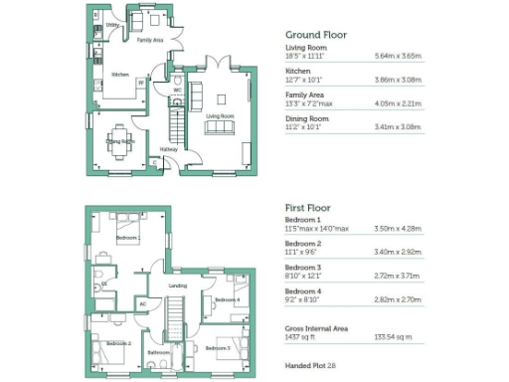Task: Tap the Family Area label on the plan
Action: (x=150, y=40)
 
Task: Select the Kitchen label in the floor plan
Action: (x=120, y=75)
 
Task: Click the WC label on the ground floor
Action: (x=176, y=89)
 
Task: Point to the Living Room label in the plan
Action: (x=220, y=116)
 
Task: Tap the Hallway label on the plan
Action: (x=171, y=149)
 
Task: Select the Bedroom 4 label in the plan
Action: (x=226, y=299)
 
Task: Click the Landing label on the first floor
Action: (x=178, y=286)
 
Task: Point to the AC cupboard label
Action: (x=143, y=304)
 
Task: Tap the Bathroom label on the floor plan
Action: (x=160, y=352)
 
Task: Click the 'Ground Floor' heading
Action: (x=315, y=34)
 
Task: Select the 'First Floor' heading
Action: (x=309, y=206)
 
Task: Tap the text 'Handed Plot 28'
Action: (x=310, y=366)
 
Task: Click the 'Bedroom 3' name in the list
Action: (x=302, y=267)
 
